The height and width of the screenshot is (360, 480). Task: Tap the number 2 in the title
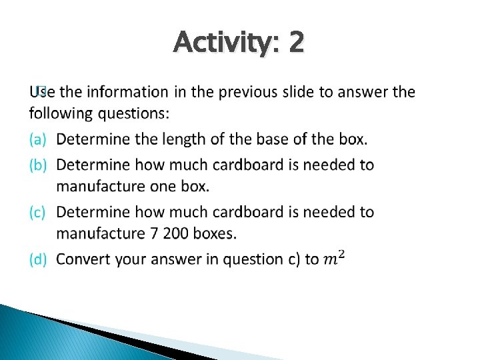tap(297, 43)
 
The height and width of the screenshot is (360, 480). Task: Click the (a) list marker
tap(38, 139)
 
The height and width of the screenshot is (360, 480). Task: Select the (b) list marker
tap(38, 164)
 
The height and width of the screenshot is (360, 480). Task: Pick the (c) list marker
tap(38, 212)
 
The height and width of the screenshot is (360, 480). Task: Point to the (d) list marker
tap(38, 259)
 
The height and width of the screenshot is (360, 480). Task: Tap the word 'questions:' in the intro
tap(134, 113)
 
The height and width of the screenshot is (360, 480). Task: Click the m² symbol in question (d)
tap(333, 257)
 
